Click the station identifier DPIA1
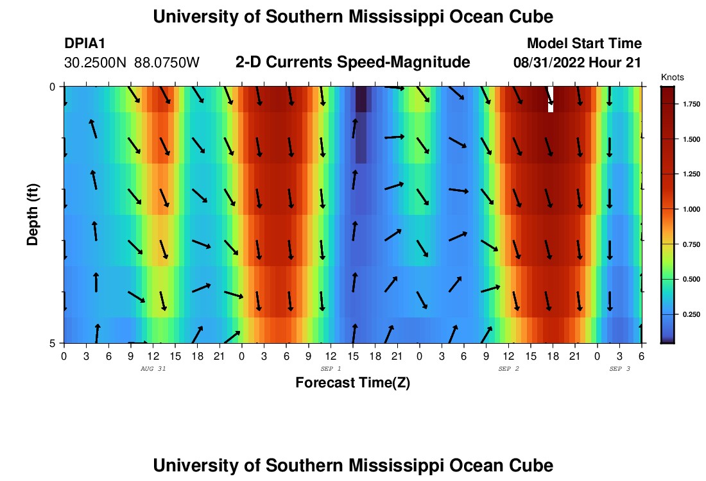point(85,44)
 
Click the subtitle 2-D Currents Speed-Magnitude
point(353,62)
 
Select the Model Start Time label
point(584,44)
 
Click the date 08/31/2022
point(549,63)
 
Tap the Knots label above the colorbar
point(672,77)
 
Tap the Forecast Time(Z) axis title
point(352,383)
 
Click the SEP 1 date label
point(331,369)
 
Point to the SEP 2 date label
point(508,369)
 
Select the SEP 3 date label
point(619,369)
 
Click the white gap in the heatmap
point(551,101)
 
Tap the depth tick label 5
point(52,342)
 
